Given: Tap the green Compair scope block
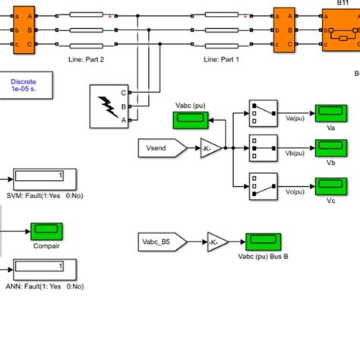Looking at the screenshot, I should pyautogui.click(x=46, y=230).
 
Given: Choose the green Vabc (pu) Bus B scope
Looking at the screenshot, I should pyautogui.click(x=259, y=242).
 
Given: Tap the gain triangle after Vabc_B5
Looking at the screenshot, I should pyautogui.click(x=217, y=242).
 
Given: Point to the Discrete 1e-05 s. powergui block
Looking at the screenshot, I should pyautogui.click(x=28, y=85).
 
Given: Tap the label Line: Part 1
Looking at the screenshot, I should pyautogui.click(x=222, y=59).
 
